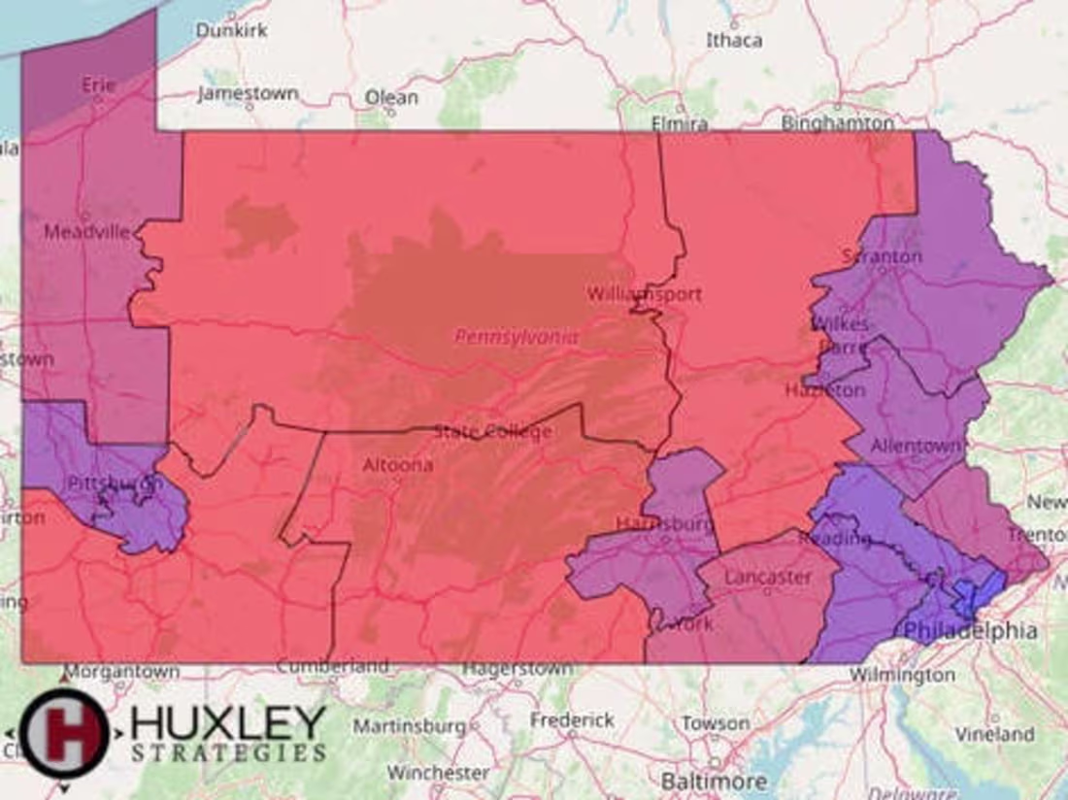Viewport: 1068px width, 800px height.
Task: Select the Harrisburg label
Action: tap(664, 524)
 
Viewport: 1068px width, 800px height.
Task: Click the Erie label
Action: tap(98, 85)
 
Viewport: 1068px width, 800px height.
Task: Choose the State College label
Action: tap(493, 431)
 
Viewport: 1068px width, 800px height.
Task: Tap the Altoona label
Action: tap(397, 465)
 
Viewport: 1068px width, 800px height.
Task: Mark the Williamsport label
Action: tap(644, 293)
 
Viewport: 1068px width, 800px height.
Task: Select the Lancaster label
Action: tap(768, 576)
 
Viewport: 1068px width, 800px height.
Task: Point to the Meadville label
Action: tap(87, 232)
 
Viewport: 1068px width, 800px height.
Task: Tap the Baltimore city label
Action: tap(714, 781)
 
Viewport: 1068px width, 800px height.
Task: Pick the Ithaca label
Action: tap(734, 41)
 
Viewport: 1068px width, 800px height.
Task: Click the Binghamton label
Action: tap(838, 123)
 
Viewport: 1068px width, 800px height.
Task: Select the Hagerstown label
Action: tap(517, 668)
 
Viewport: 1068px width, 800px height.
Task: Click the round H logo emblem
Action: tap(64, 733)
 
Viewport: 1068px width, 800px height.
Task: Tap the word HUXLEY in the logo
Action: tap(228, 723)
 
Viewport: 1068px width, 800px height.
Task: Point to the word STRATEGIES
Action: tap(228, 752)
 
